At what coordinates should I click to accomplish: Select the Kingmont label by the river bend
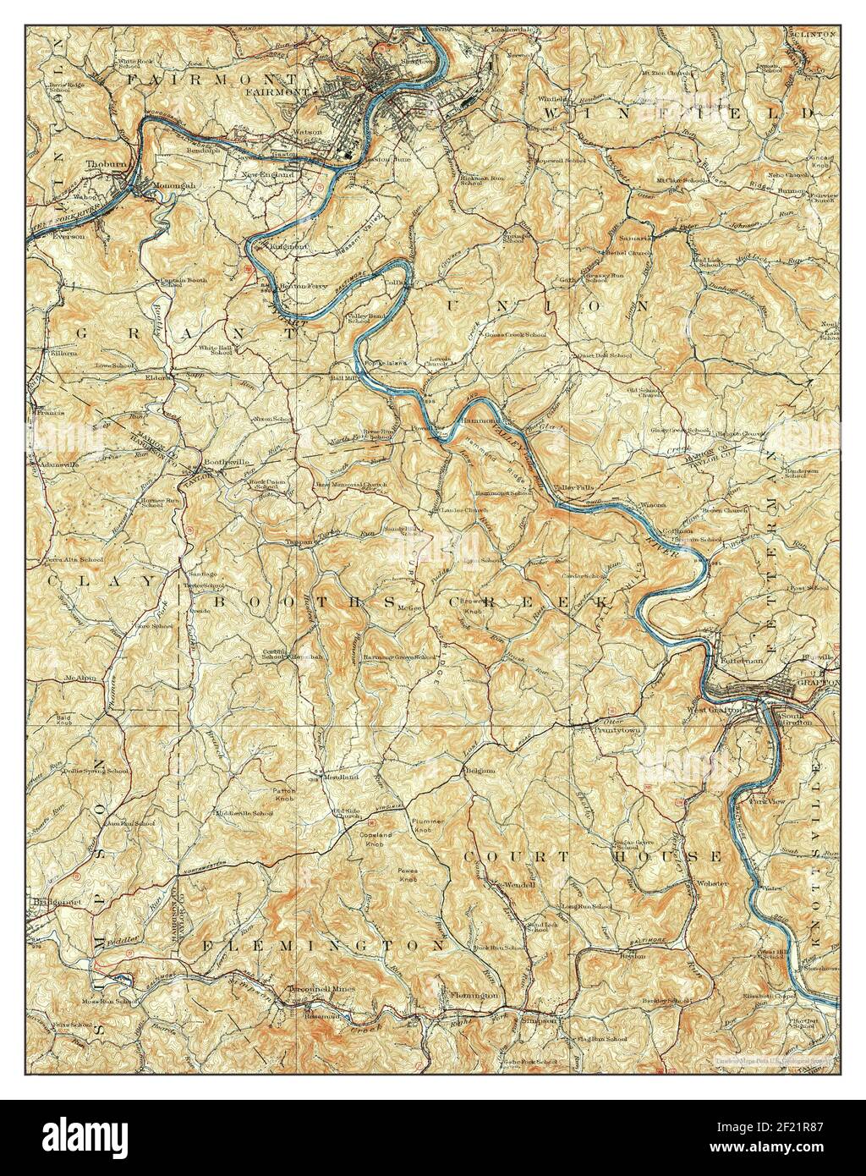point(288,247)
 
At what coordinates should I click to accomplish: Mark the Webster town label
point(708,882)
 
